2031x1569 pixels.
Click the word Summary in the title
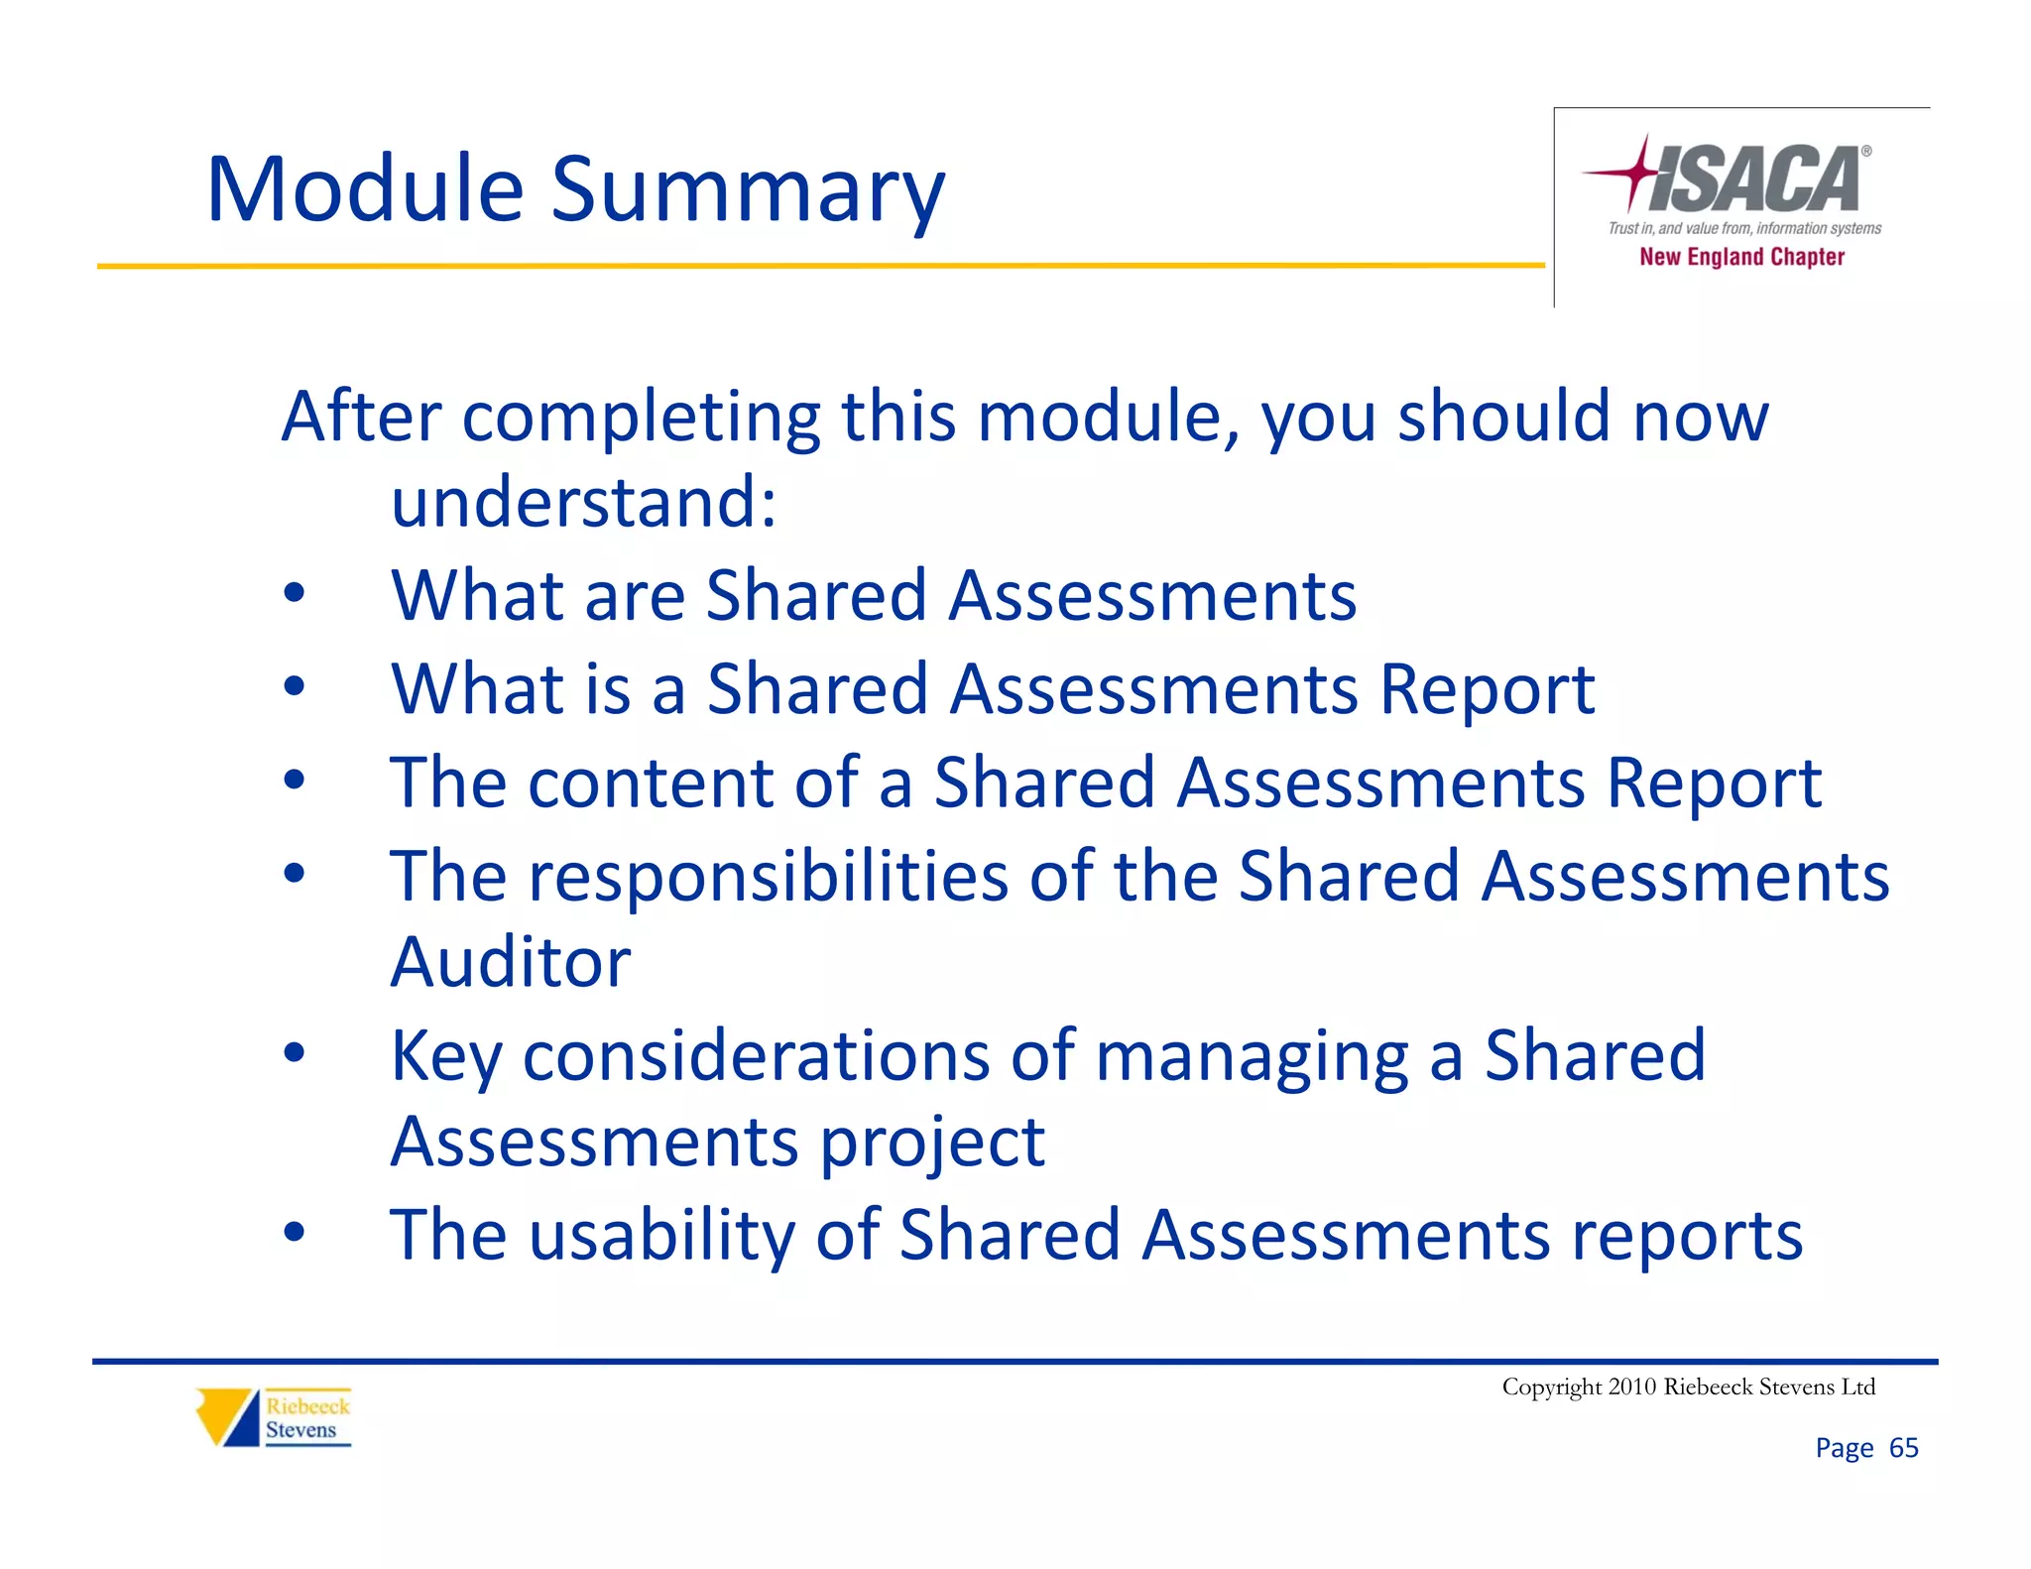[748, 190]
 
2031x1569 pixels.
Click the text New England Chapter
[1741, 257]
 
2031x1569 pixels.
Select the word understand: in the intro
[583, 503]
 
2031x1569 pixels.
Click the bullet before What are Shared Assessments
[294, 594]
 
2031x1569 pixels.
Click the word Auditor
[510, 962]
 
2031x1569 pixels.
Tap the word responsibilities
[769, 877]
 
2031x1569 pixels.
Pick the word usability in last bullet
[661, 1236]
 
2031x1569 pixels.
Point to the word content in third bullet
[650, 784]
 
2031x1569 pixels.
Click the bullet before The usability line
[294, 1233]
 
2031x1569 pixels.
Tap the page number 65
[1903, 1448]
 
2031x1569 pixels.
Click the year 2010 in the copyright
[1632, 1387]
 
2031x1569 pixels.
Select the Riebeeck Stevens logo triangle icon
[227, 1416]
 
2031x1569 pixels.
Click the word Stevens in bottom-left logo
[300, 1430]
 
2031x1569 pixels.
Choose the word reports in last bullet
[1687, 1236]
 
